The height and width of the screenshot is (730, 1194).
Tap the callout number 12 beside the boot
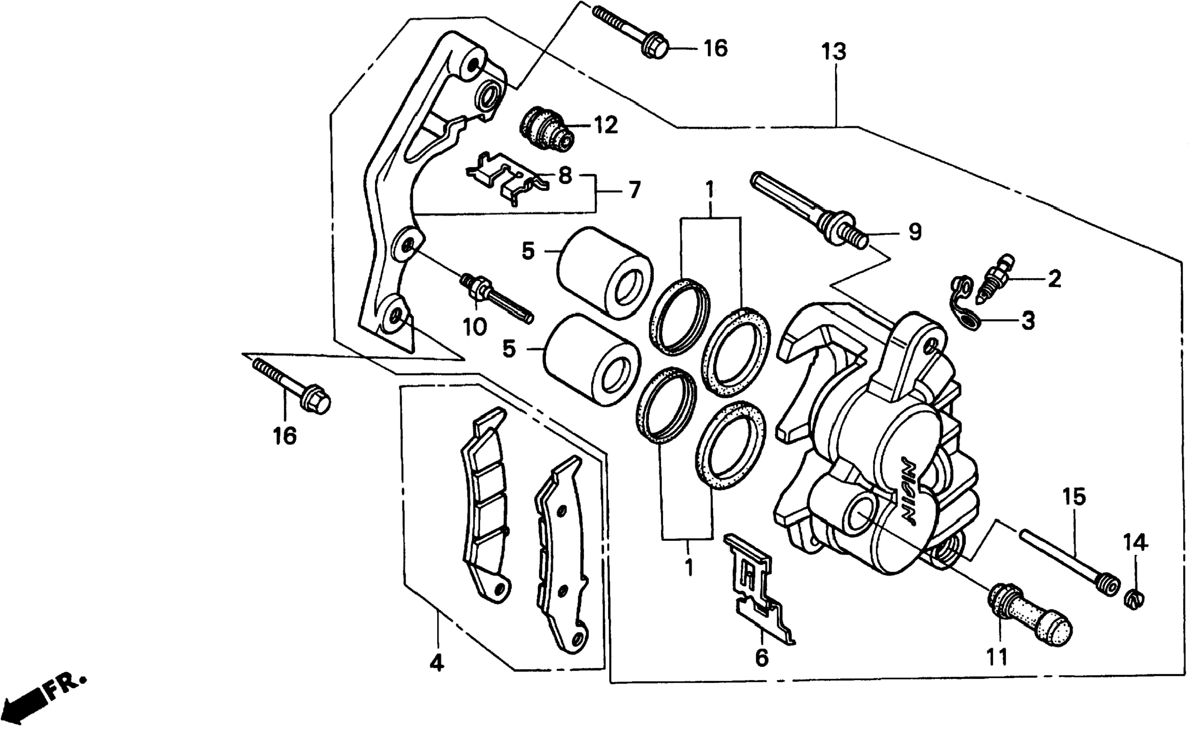[604, 126]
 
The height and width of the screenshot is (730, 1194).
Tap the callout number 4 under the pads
[437, 663]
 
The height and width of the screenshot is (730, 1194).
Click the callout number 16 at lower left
[284, 436]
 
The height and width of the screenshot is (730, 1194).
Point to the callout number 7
[633, 189]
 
